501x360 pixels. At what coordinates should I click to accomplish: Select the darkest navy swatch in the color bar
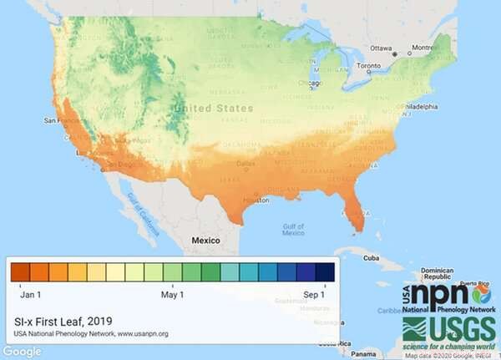pos(326,272)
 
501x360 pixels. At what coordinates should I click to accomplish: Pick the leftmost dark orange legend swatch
pos(20,272)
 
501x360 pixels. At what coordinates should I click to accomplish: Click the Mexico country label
pos(205,239)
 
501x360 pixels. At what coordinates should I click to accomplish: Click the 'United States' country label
pos(213,108)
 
